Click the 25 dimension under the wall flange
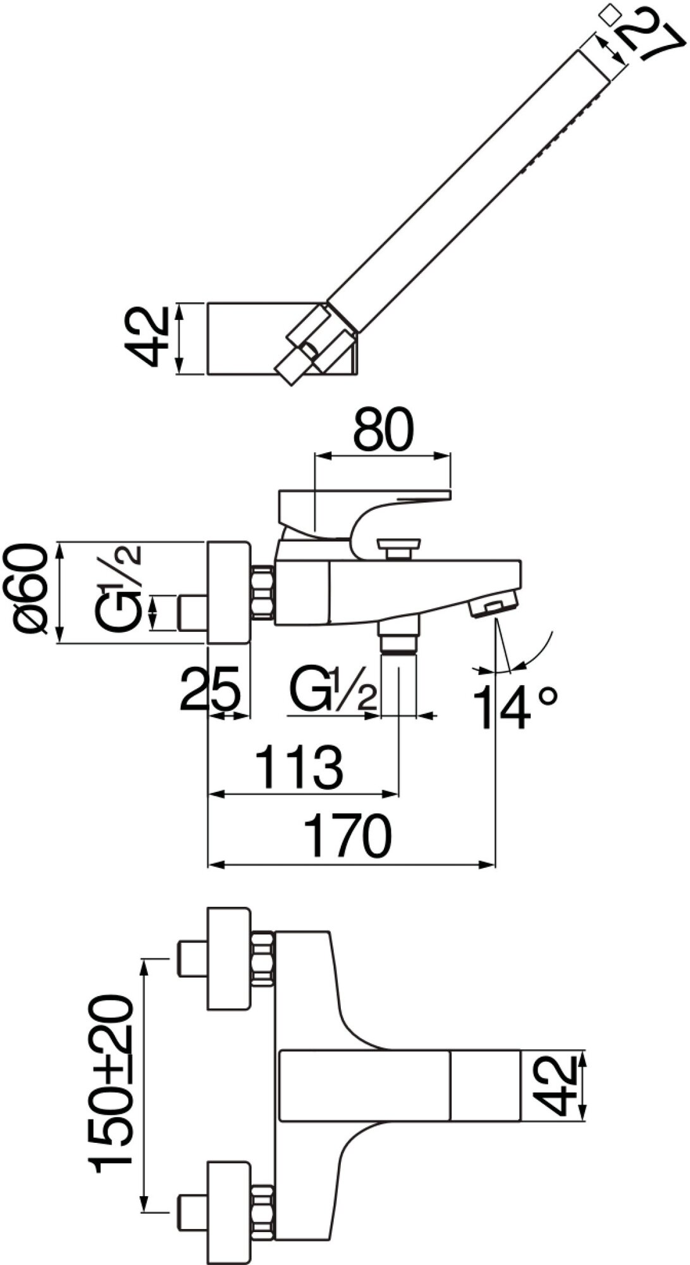(x=211, y=688)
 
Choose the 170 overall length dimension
(x=348, y=836)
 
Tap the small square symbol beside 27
(x=610, y=15)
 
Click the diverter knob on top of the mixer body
(x=398, y=548)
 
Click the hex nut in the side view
(x=262, y=592)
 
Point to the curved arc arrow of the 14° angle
(x=540, y=651)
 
